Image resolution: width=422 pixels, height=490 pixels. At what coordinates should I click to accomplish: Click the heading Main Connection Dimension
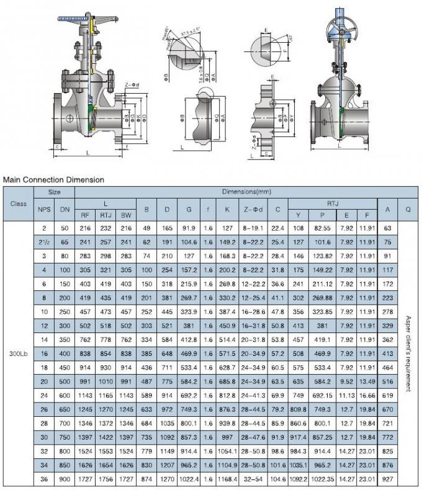point(53,180)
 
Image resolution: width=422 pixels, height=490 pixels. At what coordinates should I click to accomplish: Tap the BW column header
point(126,215)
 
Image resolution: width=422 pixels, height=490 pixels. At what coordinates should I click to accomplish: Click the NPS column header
point(44,209)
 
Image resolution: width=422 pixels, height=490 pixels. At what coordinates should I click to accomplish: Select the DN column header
point(65,209)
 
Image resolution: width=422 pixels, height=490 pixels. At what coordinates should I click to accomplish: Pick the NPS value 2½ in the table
point(44,242)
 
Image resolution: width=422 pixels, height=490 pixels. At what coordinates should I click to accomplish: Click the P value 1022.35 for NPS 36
point(322,479)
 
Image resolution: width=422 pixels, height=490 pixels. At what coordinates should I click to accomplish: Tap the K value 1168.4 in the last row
point(228,479)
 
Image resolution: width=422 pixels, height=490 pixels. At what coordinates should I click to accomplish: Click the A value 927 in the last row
point(387,479)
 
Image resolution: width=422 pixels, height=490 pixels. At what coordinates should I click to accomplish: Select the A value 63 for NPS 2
point(387,228)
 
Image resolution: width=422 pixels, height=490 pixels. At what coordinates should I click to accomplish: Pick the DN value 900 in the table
point(65,479)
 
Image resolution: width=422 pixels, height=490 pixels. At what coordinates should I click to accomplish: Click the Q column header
point(408,209)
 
